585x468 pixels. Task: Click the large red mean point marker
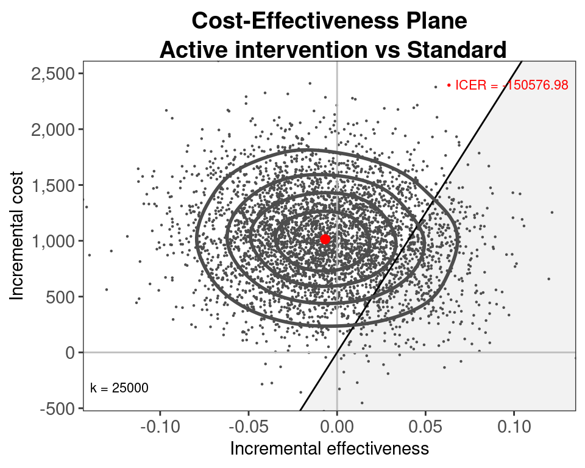pos(325,239)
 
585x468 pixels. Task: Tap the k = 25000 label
pos(119,388)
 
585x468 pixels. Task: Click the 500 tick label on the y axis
pos(63,297)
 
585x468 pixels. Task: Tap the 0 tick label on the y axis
pos(71,352)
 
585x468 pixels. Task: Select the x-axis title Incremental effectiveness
pos(329,449)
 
